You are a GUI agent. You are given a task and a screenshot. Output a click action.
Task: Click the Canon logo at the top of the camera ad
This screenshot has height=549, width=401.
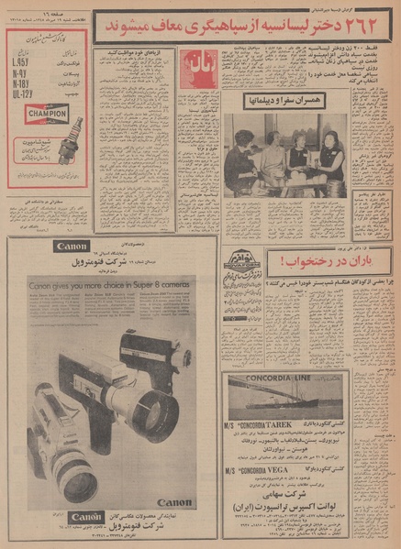tap(71, 247)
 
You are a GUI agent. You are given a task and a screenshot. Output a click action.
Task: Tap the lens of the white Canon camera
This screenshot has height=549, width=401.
tap(77, 480)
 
